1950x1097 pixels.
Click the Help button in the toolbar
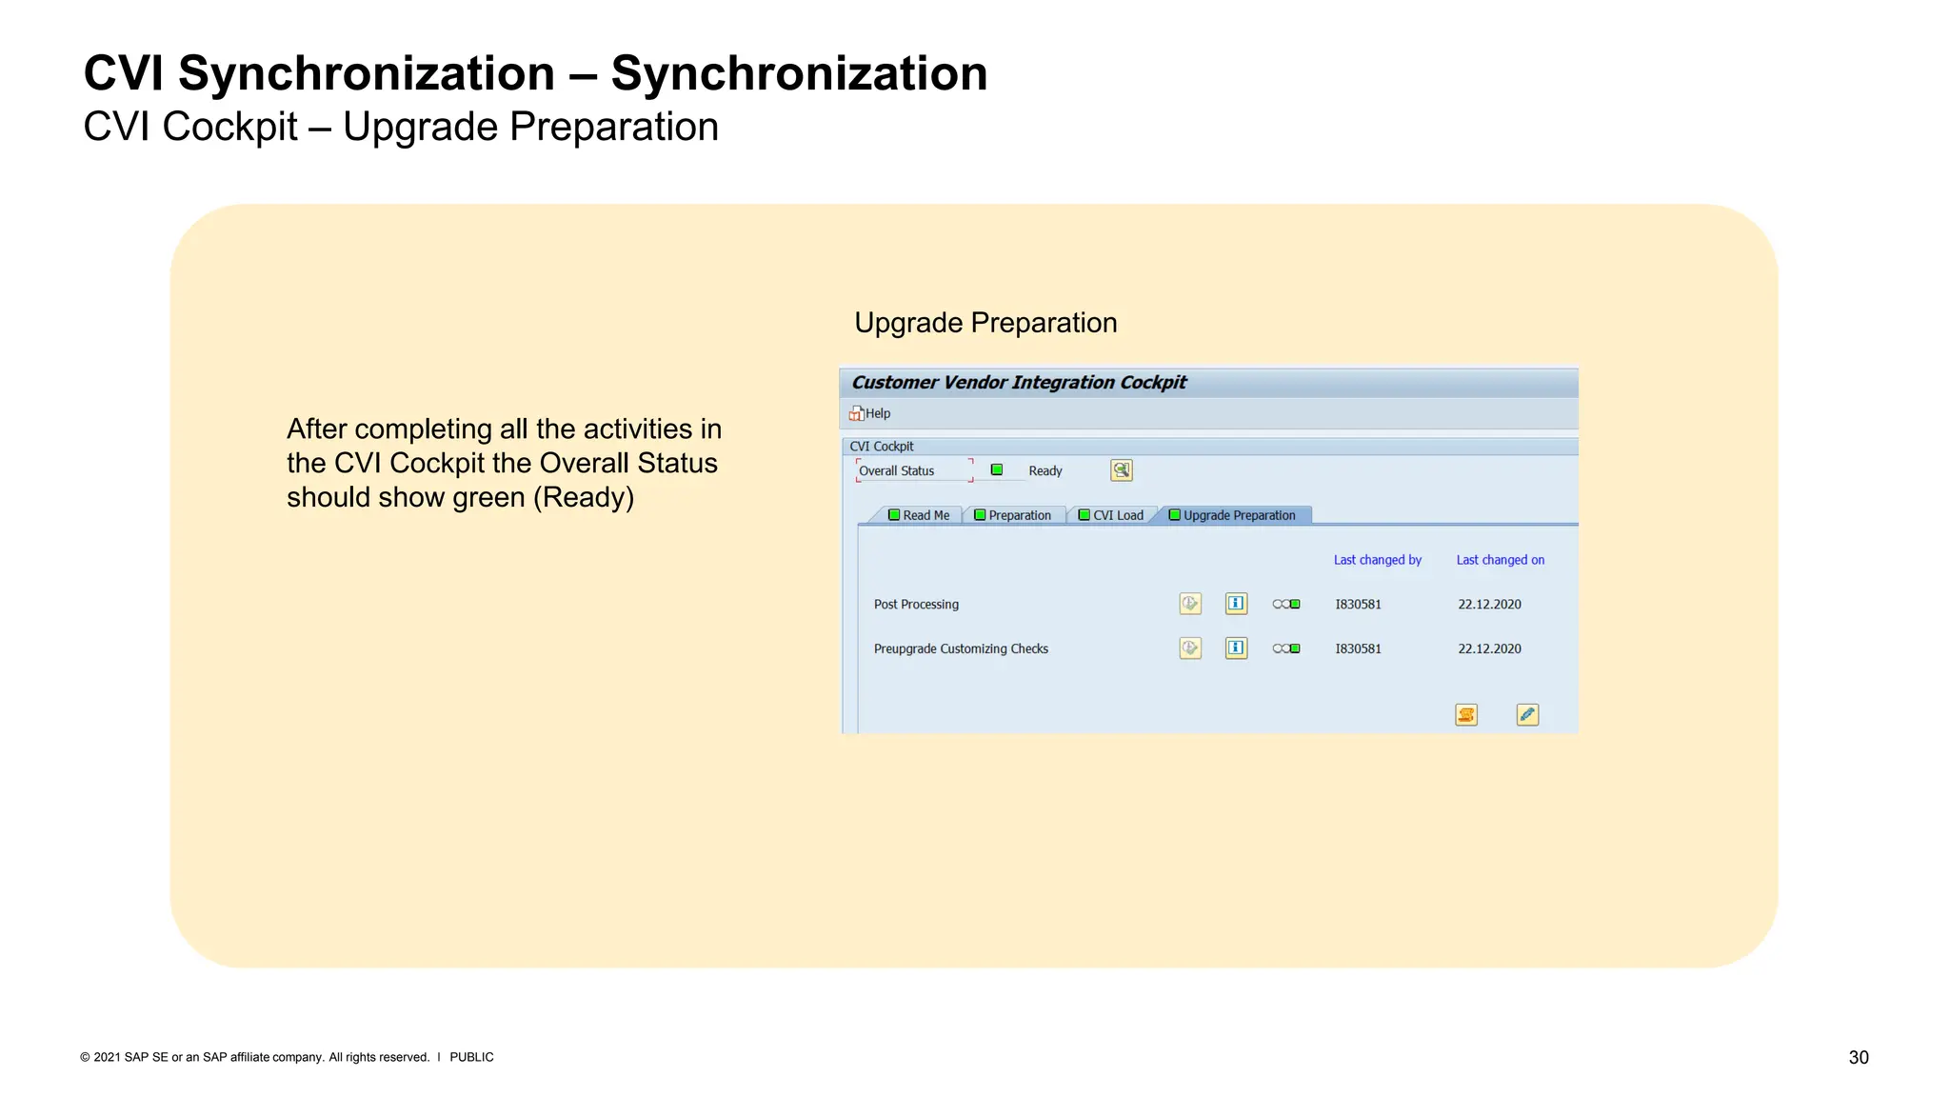pos(869,413)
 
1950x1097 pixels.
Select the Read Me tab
pos(919,515)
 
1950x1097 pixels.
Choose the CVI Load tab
pos(1111,515)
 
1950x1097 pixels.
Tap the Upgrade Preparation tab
pos(1232,515)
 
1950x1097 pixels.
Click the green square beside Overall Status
pos(997,469)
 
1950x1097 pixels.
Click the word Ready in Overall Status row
pos(1045,470)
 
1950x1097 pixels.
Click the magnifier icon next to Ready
pos(1122,470)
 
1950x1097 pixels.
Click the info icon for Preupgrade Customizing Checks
pos(1236,648)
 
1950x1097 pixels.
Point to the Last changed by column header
pos(1377,560)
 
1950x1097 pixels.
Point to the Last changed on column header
pos(1500,560)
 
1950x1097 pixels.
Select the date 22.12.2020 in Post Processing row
pos(1489,604)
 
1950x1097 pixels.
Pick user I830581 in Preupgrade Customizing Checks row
pos(1358,648)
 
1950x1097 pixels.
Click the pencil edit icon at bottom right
pos(1527,714)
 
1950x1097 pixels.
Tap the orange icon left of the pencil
pos(1466,714)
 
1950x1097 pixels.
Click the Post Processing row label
pos(916,604)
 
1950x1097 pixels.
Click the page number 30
pos(1858,1057)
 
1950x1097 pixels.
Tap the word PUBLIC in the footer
pos(471,1057)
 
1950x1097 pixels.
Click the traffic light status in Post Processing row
pos(1286,604)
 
